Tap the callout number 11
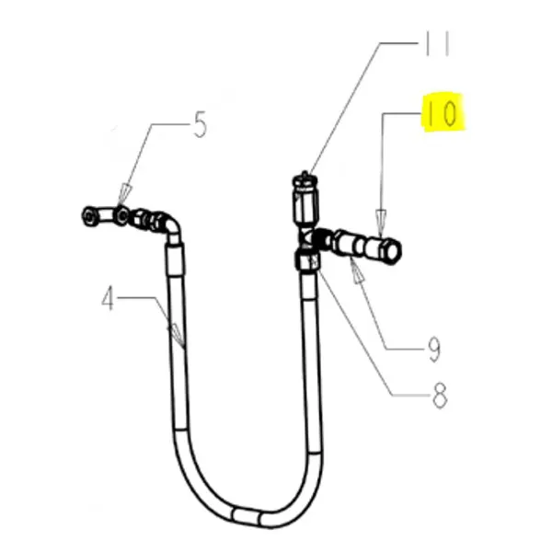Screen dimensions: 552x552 (437, 44)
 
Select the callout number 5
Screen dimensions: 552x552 (200, 124)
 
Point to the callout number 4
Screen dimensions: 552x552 (109, 300)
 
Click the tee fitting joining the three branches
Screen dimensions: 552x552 (306, 240)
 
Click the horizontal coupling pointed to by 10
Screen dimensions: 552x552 (363, 246)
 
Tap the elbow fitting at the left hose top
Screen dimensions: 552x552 (168, 224)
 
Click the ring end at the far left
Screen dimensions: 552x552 (88, 215)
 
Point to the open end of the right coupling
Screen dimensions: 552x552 (394, 248)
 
